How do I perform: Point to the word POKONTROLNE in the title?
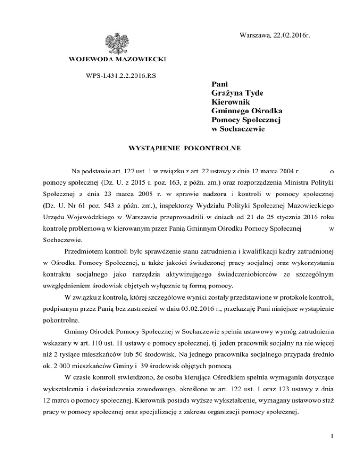click(x=214, y=149)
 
